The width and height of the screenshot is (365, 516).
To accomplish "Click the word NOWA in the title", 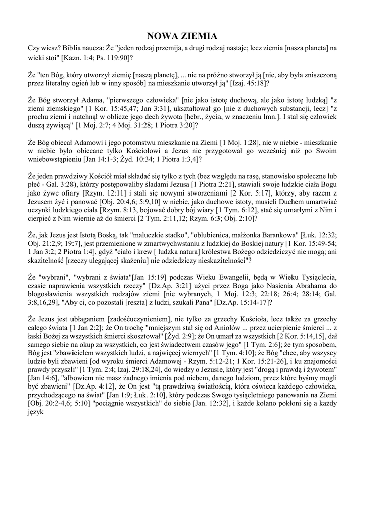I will coord(162,36).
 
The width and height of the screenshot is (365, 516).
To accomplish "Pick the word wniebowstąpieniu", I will coord(57,159).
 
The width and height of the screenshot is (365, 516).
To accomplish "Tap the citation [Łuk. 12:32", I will coord(319,235).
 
